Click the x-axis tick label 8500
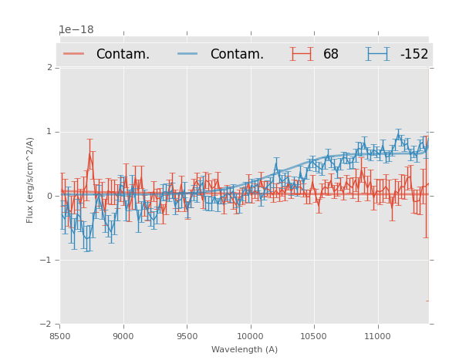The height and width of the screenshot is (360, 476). (x=60, y=336)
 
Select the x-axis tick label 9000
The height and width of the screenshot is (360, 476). (x=123, y=336)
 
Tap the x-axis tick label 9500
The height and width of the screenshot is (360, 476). (x=187, y=336)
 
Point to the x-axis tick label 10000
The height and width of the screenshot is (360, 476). (x=250, y=336)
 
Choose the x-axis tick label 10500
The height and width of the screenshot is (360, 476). (x=313, y=336)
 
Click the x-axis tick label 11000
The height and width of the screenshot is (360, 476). (x=377, y=336)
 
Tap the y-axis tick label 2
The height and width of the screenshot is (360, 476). (x=49, y=68)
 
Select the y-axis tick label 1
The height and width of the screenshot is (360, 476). (x=49, y=132)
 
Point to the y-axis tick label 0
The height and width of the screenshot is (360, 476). (x=49, y=196)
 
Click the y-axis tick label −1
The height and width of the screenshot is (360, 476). (x=47, y=260)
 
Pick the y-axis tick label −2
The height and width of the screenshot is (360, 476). (x=47, y=324)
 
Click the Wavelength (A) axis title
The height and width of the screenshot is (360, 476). (x=245, y=349)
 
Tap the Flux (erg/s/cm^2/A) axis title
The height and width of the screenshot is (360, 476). (x=31, y=180)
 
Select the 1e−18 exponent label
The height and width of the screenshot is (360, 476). (x=76, y=30)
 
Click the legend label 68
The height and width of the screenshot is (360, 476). (x=331, y=55)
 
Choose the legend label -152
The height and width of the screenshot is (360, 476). (x=414, y=55)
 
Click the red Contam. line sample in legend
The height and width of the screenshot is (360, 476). (x=74, y=54)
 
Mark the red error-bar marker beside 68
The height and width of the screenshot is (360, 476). (x=302, y=54)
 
